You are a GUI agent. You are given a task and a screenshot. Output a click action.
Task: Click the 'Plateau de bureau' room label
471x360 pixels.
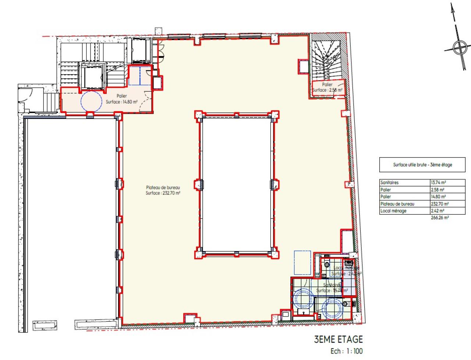coord(163,187)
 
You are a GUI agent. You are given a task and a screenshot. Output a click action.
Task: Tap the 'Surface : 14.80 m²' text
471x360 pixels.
coord(121,102)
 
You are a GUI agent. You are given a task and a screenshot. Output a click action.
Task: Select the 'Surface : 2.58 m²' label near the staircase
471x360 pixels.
coord(327,90)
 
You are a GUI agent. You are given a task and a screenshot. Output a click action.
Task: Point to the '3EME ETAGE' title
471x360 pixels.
coord(338,339)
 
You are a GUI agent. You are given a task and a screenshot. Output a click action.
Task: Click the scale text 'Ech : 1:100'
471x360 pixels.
coord(346,351)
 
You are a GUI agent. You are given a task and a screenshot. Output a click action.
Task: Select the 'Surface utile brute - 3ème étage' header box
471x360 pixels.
coord(422,165)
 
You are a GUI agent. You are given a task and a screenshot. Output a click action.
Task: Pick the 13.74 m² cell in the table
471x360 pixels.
coord(438,183)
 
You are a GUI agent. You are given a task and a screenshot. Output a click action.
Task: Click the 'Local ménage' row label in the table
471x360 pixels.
coord(393,211)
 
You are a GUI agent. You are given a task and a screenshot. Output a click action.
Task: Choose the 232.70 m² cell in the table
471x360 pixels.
coord(439,204)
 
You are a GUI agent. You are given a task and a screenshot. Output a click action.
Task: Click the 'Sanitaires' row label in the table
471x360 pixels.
coord(390,183)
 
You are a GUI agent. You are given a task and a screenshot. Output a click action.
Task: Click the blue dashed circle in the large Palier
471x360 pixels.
coord(91,101)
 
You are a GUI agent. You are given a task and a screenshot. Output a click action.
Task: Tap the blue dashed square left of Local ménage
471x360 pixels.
coord(302,262)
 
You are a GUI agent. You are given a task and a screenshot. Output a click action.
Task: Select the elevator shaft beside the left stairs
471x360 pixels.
coord(93,76)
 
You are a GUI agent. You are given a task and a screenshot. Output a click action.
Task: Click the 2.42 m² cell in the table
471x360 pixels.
coord(438,211)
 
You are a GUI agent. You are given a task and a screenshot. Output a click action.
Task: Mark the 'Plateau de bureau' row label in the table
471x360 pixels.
coord(397,204)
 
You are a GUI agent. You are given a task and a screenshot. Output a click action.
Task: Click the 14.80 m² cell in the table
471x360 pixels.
coord(438,197)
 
